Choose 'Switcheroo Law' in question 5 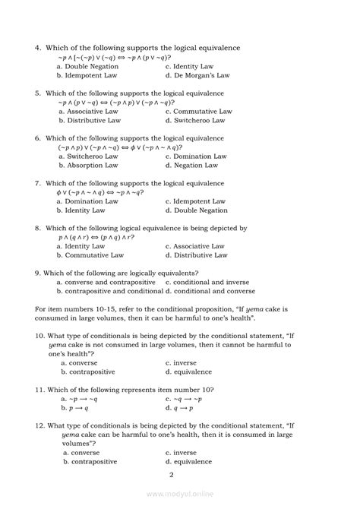pos(198,120)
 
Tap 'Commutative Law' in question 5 pos(203,111)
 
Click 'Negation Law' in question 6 pos(195,165)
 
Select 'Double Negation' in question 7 pos(201,210)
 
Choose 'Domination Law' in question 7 pos(92,201)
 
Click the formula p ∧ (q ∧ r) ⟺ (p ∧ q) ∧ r pos(96,237)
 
